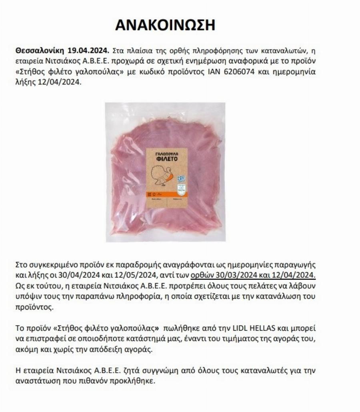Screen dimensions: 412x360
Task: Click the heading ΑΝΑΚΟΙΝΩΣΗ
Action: coord(165,25)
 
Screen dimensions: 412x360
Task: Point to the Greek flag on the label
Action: coord(181,179)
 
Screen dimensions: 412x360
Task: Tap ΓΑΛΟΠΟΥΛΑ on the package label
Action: coord(166,154)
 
